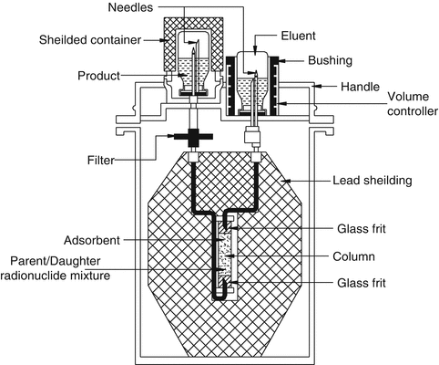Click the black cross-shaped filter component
pos(192,141)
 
